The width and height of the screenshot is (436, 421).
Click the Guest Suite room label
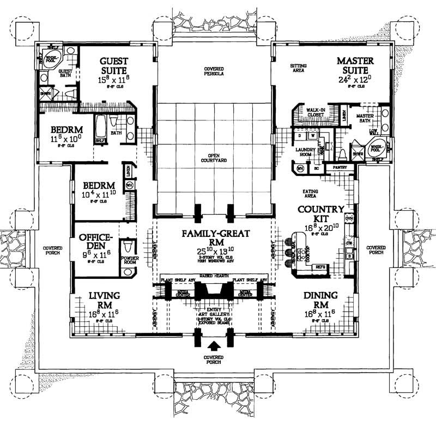point(113,66)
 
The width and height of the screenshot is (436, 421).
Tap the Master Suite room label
point(355,65)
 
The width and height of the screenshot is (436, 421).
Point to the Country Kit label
point(320,213)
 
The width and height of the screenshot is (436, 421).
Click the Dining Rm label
point(321,300)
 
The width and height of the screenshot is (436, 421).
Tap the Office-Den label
point(96,242)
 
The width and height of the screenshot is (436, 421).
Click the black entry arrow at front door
point(214,345)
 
